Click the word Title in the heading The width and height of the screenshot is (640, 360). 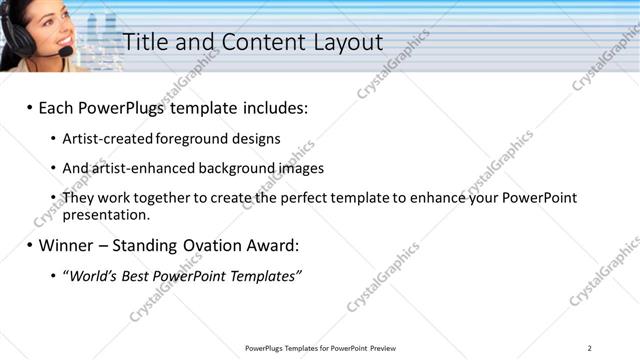pyautogui.click(x=144, y=42)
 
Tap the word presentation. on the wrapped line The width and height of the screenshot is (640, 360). pyautogui.click(x=106, y=214)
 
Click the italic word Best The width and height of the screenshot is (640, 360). pyautogui.click(x=137, y=276)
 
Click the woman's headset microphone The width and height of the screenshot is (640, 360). pyautogui.click(x=65, y=51)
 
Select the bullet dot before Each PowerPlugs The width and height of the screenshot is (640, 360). pyautogui.click(x=29, y=107)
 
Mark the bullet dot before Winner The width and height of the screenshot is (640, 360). pyautogui.click(x=29, y=245)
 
